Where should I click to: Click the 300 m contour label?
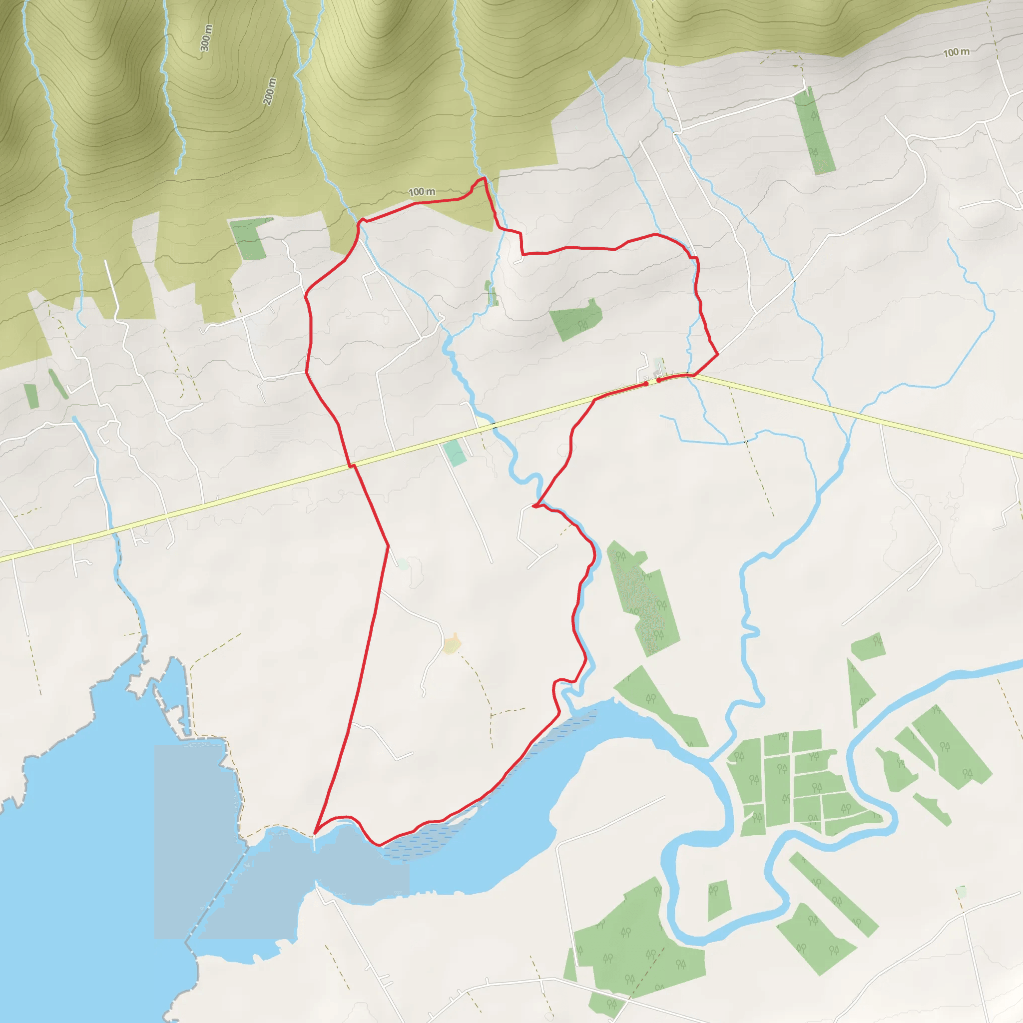click(x=206, y=38)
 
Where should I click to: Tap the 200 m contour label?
click(x=270, y=91)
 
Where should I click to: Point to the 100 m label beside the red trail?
click(x=422, y=192)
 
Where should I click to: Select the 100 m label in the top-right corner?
click(x=956, y=52)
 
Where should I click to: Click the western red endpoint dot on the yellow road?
click(x=646, y=383)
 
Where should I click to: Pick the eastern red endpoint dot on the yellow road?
click(x=659, y=380)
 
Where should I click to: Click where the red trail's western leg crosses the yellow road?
click(x=351, y=466)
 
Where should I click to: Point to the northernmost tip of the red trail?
click(x=484, y=178)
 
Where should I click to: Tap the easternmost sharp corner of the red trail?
click(x=717, y=353)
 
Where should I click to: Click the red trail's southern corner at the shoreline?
click(x=315, y=834)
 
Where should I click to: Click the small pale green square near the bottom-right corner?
click(x=962, y=892)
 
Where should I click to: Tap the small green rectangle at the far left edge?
click(x=31, y=396)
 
